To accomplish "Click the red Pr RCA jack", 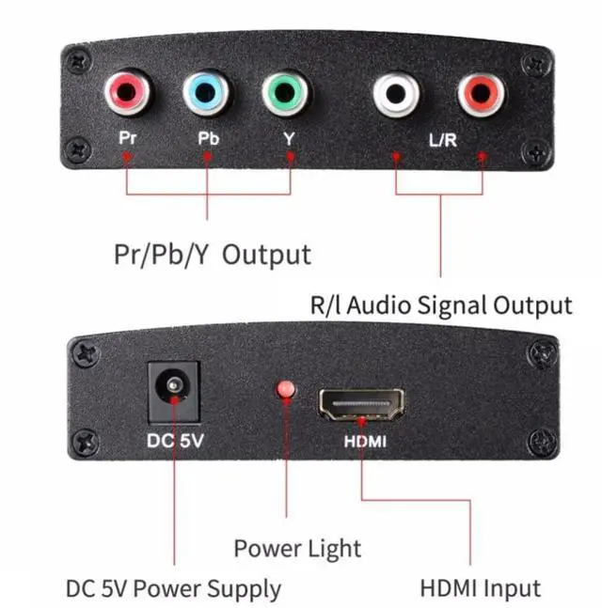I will point(128,94).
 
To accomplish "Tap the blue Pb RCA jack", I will point(207,94).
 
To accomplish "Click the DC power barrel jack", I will point(173,388).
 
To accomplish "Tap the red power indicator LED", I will point(284,390).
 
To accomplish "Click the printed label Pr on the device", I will point(128,137).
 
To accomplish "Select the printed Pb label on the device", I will point(208,137).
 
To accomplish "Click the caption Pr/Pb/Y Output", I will point(211,254).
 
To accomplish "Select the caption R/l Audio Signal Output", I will point(440,304).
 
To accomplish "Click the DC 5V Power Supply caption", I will point(173,589).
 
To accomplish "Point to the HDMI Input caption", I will point(480,589).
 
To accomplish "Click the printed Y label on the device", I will point(289,137).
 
